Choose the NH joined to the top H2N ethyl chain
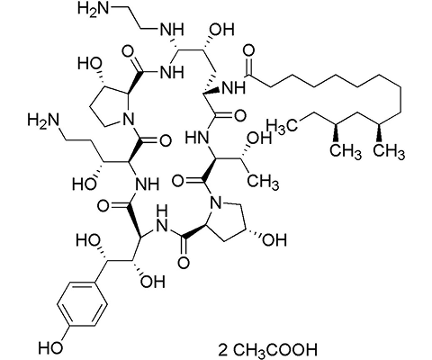168,31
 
